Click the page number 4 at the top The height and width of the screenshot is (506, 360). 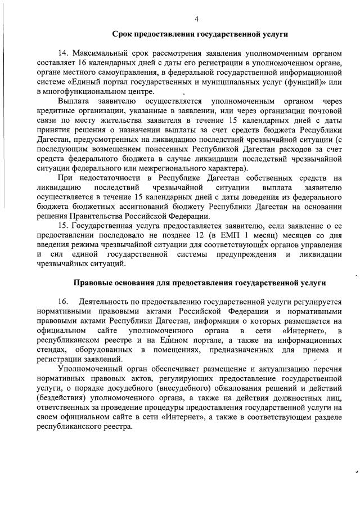[x=197, y=19]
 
